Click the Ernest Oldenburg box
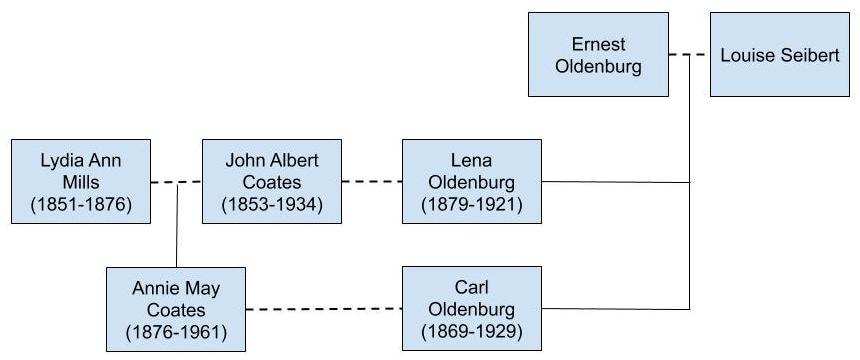click(x=599, y=54)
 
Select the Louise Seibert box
click(x=780, y=54)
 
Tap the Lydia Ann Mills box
click(x=81, y=182)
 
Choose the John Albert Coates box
click(x=270, y=182)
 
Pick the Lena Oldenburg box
click(x=471, y=182)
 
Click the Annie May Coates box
click(x=176, y=309)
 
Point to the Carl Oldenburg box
click(x=471, y=309)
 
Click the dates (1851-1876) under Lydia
click(x=81, y=206)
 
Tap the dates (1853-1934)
click(x=270, y=206)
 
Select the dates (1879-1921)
click(x=471, y=206)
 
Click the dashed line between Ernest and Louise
click(x=689, y=55)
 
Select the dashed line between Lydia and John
click(x=176, y=182)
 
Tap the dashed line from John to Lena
click(x=371, y=182)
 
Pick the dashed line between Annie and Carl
click(x=323, y=309)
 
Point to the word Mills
click(x=81, y=182)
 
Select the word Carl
click(x=471, y=287)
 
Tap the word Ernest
click(x=599, y=44)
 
